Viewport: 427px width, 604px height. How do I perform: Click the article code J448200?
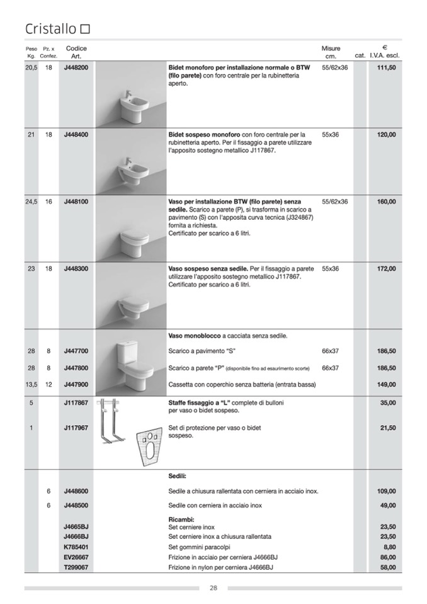coord(76,67)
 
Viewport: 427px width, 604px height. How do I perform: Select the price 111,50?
coord(386,67)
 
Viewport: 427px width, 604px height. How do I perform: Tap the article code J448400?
coord(76,135)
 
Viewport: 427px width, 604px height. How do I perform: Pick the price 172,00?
coord(386,269)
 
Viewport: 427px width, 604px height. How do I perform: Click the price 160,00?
coord(386,202)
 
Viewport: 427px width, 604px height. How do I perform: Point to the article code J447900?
coord(76,385)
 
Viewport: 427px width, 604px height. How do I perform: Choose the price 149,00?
coord(386,385)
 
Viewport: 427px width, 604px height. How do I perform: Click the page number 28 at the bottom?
coord(214,588)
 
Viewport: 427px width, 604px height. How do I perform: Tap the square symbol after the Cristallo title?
coord(86,29)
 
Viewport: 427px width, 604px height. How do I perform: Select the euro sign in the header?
coord(384,47)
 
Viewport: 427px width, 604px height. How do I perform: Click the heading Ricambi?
coord(181,519)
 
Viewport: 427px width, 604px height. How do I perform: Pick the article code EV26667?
coord(76,557)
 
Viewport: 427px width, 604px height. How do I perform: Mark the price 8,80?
coord(389,547)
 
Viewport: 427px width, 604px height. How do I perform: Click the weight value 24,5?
coord(31,202)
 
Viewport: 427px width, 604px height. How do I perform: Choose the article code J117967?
coord(76,428)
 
